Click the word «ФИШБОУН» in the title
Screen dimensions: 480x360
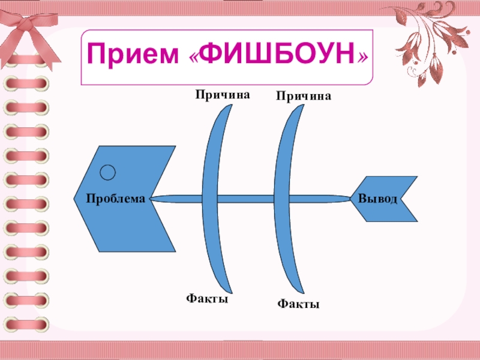click(277, 56)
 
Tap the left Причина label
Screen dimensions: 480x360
click(221, 94)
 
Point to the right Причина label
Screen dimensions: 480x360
click(303, 96)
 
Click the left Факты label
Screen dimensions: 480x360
click(206, 298)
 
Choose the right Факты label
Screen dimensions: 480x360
click(298, 305)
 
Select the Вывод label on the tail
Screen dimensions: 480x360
click(377, 198)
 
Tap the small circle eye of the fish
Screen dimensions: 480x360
click(107, 173)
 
